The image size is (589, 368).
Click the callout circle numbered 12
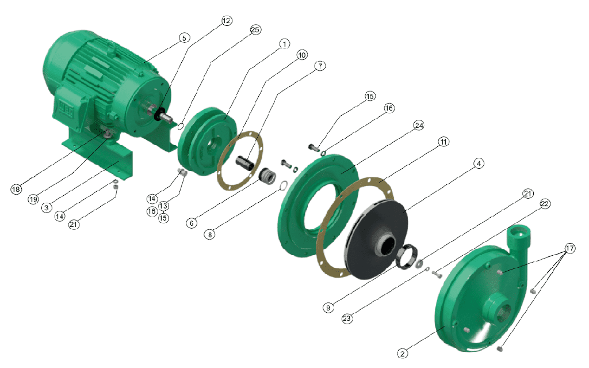(227, 20)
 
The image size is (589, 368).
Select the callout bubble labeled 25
(255, 30)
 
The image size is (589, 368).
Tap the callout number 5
(184, 38)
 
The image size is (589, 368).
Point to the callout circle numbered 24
(419, 126)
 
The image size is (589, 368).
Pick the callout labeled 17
(570, 248)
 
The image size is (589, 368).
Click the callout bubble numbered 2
(402, 354)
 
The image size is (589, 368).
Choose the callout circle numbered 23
(347, 318)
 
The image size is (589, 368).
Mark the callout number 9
(328, 308)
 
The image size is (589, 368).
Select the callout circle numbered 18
(16, 189)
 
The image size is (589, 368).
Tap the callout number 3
(47, 207)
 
